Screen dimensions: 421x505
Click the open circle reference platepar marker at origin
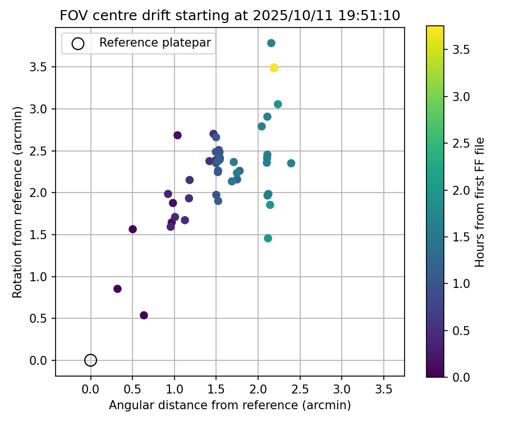[x=91, y=360]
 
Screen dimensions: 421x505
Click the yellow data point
[x=274, y=68]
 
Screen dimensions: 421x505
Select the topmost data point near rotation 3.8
[x=271, y=43]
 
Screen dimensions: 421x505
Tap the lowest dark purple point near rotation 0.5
[x=144, y=315]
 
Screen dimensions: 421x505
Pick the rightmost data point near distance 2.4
[x=291, y=163]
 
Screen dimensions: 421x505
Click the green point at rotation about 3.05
[x=278, y=104]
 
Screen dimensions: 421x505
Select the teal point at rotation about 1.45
[x=268, y=239]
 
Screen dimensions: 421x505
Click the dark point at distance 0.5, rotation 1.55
[x=132, y=229]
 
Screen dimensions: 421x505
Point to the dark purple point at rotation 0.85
[x=117, y=289]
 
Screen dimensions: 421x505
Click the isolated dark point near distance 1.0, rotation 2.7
[x=177, y=135]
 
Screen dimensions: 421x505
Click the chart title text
[x=230, y=16]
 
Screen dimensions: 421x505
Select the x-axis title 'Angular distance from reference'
[x=230, y=405]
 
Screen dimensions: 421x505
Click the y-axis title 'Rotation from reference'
[x=18, y=202]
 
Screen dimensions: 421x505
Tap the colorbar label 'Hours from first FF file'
[x=480, y=202]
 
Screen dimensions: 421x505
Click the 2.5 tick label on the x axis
[x=300, y=389]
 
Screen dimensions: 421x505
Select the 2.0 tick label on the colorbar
[x=461, y=190]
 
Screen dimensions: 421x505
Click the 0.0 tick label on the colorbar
[x=461, y=377]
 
